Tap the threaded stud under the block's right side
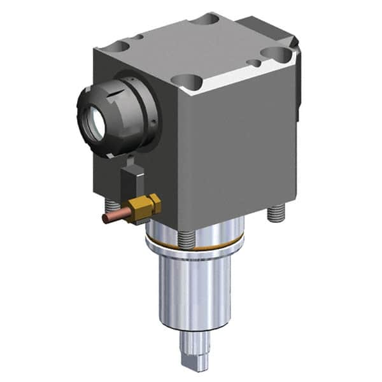point(275,213)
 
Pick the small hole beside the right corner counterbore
point(255,64)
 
